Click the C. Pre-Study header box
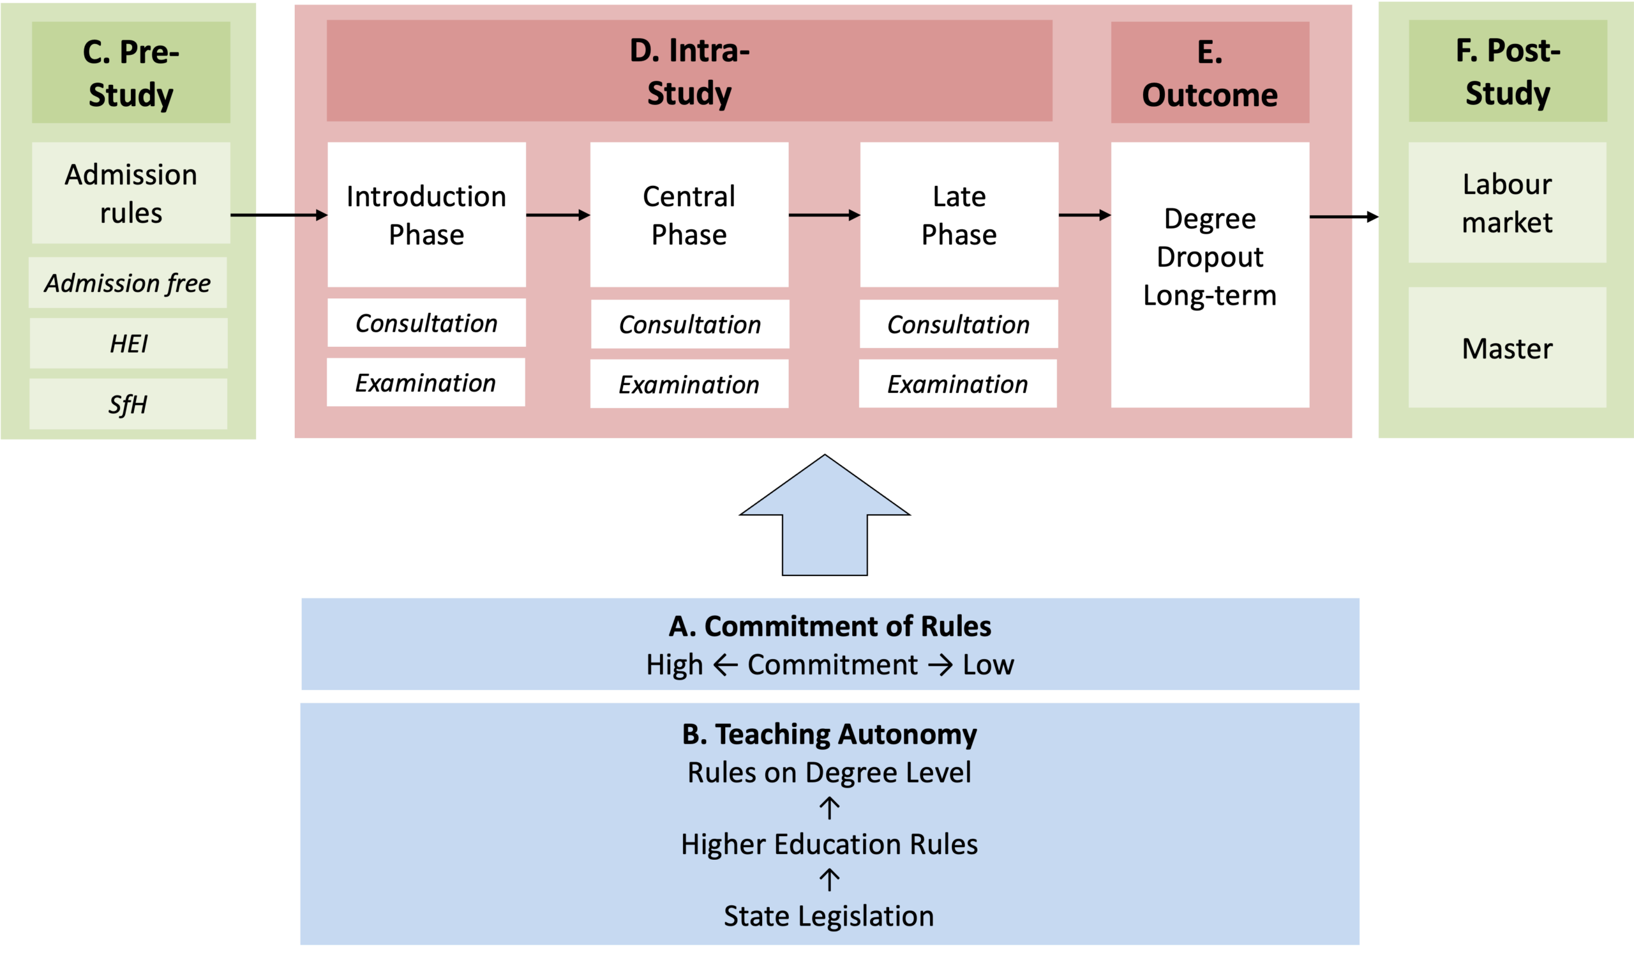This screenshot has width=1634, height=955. tap(131, 72)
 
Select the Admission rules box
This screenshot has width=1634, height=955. tap(131, 193)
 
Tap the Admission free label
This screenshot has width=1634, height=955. tap(128, 283)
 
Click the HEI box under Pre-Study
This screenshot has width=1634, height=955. tap(128, 343)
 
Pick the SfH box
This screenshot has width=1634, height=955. tap(128, 404)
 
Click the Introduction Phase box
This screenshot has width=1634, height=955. tap(426, 215)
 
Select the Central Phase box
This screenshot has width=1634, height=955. tap(689, 215)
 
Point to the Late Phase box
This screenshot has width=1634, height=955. tap(959, 215)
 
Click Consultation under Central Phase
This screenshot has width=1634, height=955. tap(690, 324)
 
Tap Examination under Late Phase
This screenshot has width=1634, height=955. tap(957, 383)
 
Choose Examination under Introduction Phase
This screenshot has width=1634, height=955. tap(426, 382)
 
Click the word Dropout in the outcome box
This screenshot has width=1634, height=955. tap(1210, 257)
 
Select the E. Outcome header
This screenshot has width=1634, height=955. tap(1210, 72)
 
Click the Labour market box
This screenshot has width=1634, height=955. tap(1508, 202)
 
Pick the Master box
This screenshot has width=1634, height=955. tap(1508, 348)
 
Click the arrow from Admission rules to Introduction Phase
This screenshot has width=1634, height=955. tap(280, 215)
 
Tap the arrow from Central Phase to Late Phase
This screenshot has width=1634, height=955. tap(825, 215)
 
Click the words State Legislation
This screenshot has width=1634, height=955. tap(828, 916)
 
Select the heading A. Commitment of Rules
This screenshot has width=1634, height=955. tap(830, 626)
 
